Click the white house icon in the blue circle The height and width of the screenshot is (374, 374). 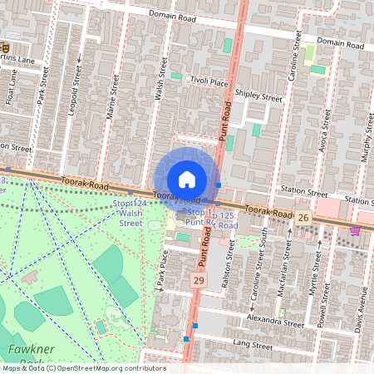tap(187, 179)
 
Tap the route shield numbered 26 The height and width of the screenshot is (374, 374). tap(303, 216)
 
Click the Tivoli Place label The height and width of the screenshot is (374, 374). tap(208, 81)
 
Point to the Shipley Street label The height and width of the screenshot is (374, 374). tap(258, 96)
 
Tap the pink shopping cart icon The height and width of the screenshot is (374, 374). tap(355, 230)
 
